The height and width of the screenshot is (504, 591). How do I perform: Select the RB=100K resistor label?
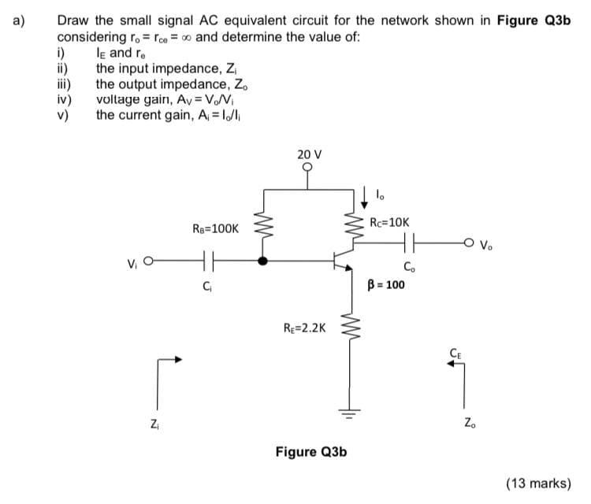(x=215, y=228)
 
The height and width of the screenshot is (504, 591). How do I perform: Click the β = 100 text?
(x=386, y=284)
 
